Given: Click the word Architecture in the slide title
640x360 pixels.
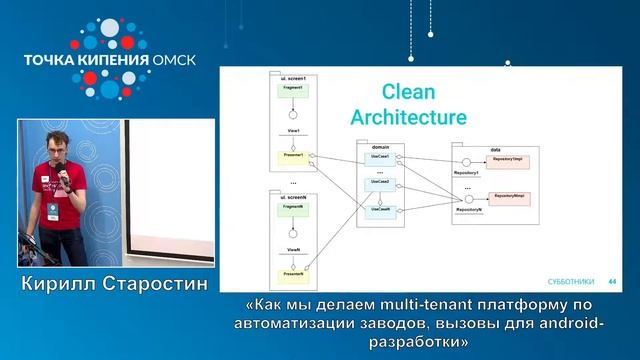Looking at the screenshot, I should [x=408, y=117].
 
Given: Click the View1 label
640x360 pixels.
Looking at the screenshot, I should [x=293, y=133].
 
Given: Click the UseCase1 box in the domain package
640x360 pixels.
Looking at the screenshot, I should [x=380, y=157].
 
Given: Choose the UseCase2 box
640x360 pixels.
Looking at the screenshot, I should [x=380, y=182].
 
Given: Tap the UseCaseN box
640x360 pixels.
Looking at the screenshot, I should [x=380, y=210].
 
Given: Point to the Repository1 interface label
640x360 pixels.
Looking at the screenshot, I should [x=466, y=173].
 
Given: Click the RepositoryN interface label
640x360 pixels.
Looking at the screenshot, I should [x=468, y=210].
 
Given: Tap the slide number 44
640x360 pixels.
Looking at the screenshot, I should [x=611, y=281].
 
